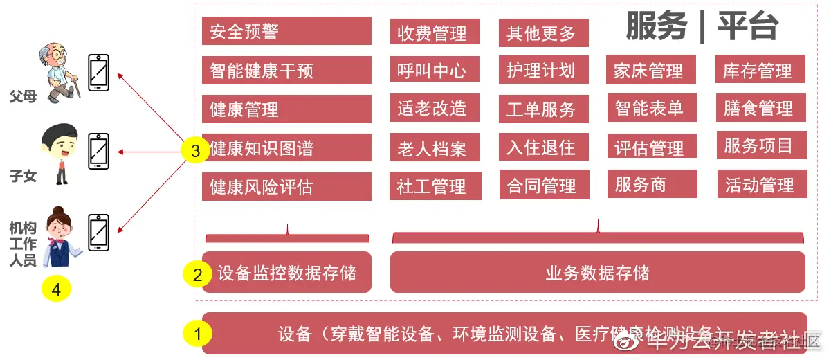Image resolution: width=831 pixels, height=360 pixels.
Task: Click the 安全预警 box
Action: [x=286, y=31]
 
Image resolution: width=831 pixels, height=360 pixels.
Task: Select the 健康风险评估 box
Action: [x=286, y=187]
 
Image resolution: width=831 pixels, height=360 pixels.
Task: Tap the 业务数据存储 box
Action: [x=598, y=272]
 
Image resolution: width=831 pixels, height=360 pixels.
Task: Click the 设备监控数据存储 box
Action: [x=286, y=272]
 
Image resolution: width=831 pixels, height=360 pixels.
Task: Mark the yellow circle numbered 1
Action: [x=198, y=334]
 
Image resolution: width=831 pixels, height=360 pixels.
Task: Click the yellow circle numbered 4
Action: [x=56, y=289]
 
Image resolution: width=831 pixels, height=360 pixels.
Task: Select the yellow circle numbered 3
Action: [x=194, y=151]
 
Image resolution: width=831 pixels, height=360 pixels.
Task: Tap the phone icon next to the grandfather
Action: [x=99, y=72]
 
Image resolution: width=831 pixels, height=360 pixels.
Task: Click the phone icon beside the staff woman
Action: [x=99, y=233]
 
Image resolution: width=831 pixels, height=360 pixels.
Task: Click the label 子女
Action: [x=23, y=177]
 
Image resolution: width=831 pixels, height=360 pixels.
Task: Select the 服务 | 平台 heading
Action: [x=702, y=28]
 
